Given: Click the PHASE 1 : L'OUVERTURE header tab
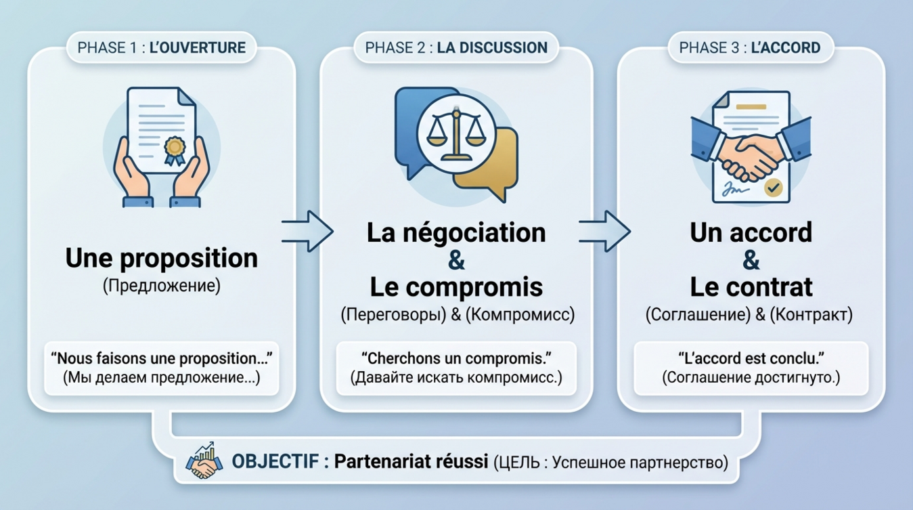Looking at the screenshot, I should click(161, 47).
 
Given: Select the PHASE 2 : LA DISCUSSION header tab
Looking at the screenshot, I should click(455, 47).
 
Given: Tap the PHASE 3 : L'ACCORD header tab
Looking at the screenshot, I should click(749, 47).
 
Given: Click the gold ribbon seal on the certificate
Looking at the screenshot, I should click(174, 149).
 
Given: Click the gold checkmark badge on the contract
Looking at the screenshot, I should click(773, 188).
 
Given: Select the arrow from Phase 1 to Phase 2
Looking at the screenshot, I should click(307, 230).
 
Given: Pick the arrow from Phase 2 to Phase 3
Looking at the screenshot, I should click(604, 230).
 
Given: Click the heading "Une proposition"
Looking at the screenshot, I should click(161, 257).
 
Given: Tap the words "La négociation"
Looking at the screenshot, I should click(456, 232).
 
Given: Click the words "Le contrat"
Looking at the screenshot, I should click(751, 286).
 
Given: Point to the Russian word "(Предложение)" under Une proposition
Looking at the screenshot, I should click(161, 286).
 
